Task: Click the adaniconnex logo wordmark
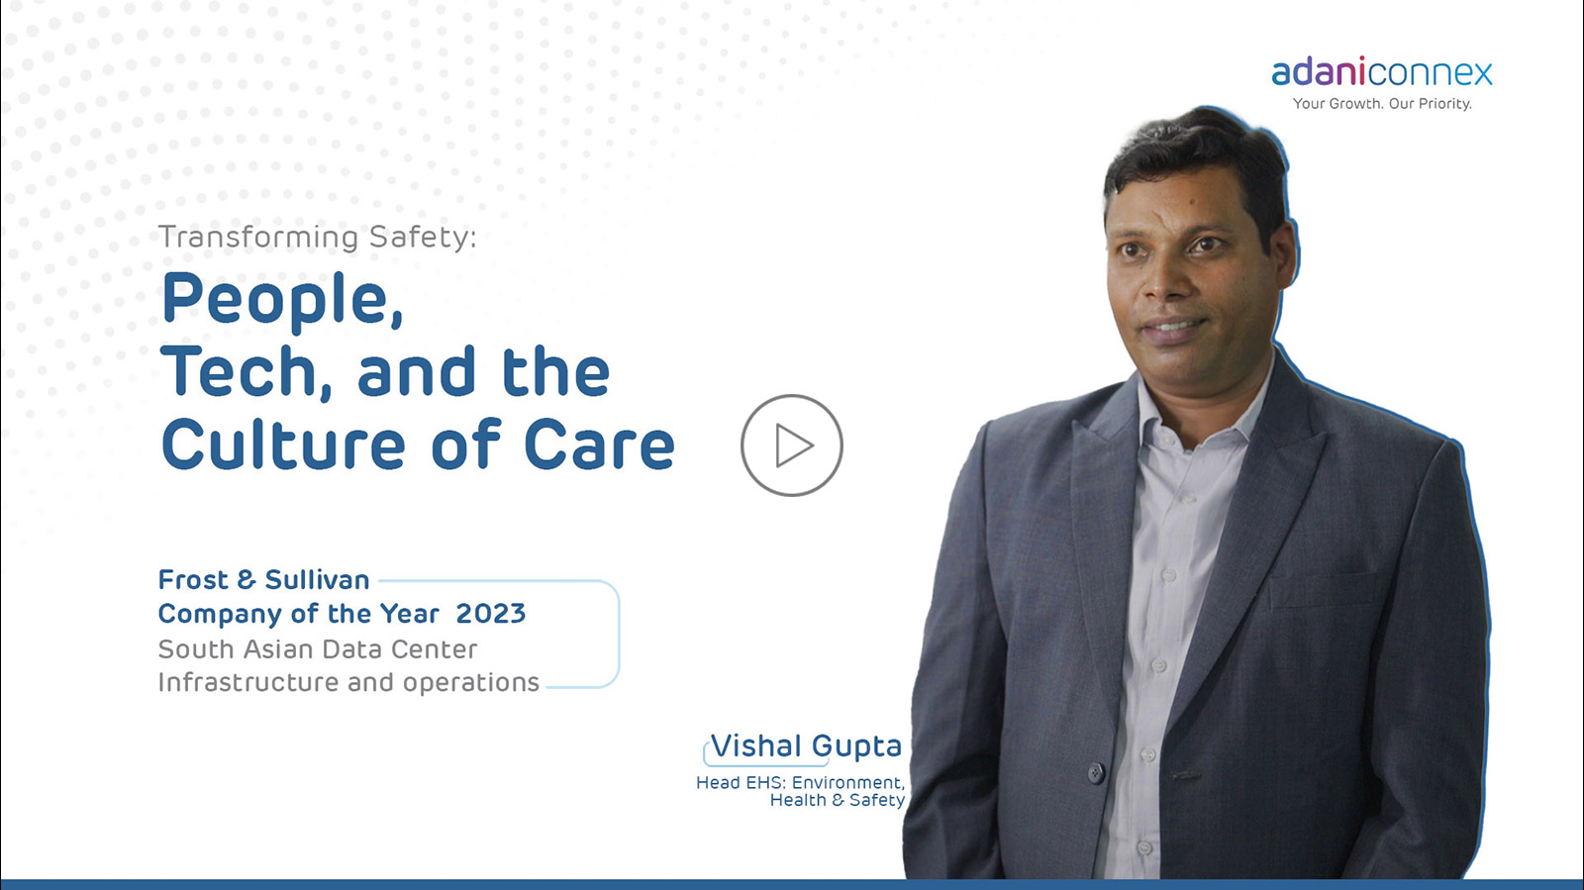pyautogui.click(x=1382, y=72)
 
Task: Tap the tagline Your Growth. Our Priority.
pyautogui.click(x=1382, y=104)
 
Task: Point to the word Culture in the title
pyautogui.click(x=283, y=444)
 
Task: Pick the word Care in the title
pyautogui.click(x=600, y=445)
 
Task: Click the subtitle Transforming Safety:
pyautogui.click(x=318, y=237)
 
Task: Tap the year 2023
pyautogui.click(x=491, y=614)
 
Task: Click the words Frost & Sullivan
pyautogui.click(x=263, y=580)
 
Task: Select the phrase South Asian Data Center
pyautogui.click(x=318, y=649)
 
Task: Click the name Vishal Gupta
pyautogui.click(x=806, y=746)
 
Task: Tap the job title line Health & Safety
pyautogui.click(x=838, y=800)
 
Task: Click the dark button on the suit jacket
pyautogui.click(x=1095, y=772)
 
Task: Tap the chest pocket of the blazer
pyautogui.click(x=1323, y=590)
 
